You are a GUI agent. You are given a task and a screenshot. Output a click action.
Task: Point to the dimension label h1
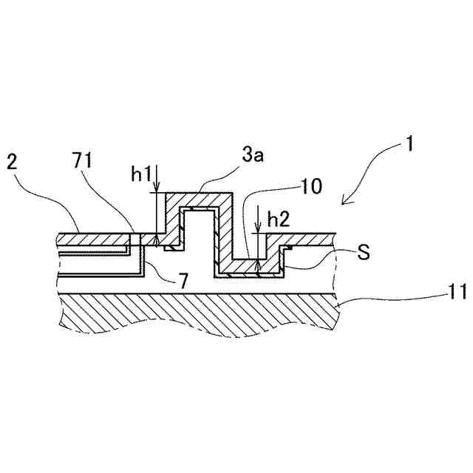coord(140,174)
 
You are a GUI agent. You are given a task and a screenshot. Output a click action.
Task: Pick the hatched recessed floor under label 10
coord(248,266)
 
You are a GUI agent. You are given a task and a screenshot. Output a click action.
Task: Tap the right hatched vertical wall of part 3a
coord(225,229)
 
